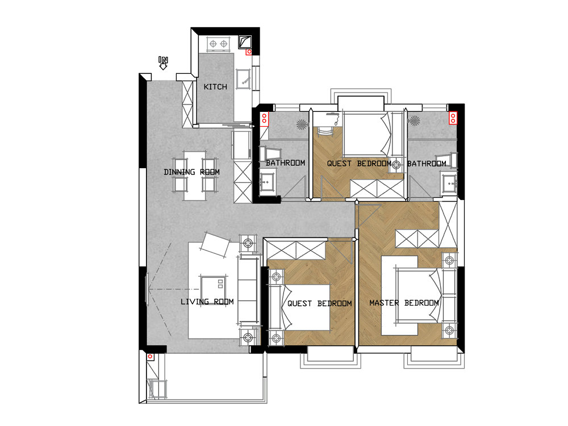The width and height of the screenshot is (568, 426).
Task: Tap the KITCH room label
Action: (215, 87)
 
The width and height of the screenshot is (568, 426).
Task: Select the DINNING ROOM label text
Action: (191, 172)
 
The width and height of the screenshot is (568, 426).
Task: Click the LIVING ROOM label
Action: (207, 302)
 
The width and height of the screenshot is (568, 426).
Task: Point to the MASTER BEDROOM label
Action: (404, 303)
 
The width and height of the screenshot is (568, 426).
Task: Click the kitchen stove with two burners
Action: (219, 44)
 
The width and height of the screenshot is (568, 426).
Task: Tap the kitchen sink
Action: (243, 80)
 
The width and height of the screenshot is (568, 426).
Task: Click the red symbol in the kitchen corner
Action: (249, 52)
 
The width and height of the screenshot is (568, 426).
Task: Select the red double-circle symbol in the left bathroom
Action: (265, 119)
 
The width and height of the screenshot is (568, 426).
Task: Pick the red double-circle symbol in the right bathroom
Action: (453, 118)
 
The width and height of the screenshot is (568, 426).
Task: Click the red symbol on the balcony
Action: (150, 357)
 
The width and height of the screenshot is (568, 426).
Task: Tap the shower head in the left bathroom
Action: (302, 124)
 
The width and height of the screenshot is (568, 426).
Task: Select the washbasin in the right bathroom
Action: (449, 183)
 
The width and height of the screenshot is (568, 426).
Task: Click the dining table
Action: (195, 176)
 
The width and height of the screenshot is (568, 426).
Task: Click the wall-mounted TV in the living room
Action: (147, 290)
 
